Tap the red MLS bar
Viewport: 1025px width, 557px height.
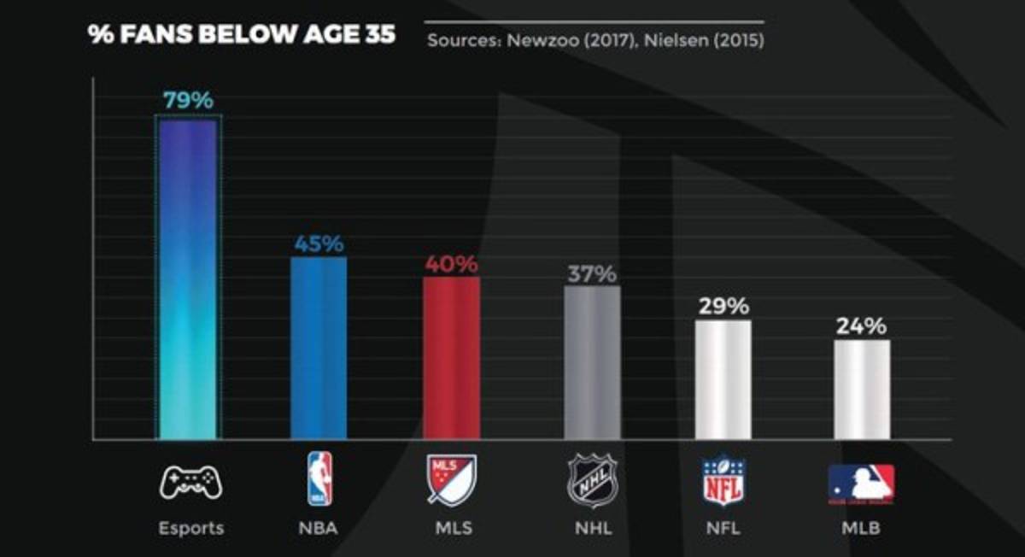click(x=452, y=358)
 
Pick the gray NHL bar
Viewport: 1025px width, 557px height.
click(x=592, y=363)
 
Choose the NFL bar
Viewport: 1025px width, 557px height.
click(x=723, y=380)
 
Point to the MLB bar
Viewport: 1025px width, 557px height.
click(x=862, y=390)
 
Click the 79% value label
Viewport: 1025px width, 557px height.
click(x=188, y=100)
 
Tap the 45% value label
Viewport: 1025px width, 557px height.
click(x=319, y=243)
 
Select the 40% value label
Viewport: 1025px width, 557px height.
click(x=452, y=264)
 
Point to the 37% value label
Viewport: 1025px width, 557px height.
click(x=592, y=274)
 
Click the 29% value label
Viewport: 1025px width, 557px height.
click(x=723, y=306)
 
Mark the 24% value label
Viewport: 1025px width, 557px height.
click(x=862, y=326)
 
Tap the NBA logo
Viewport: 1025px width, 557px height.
click(x=319, y=479)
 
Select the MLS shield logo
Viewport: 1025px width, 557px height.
click(x=452, y=480)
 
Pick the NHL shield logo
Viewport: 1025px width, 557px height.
click(x=592, y=480)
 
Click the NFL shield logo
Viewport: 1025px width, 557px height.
click(x=723, y=480)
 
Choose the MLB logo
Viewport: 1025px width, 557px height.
click(x=862, y=483)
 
